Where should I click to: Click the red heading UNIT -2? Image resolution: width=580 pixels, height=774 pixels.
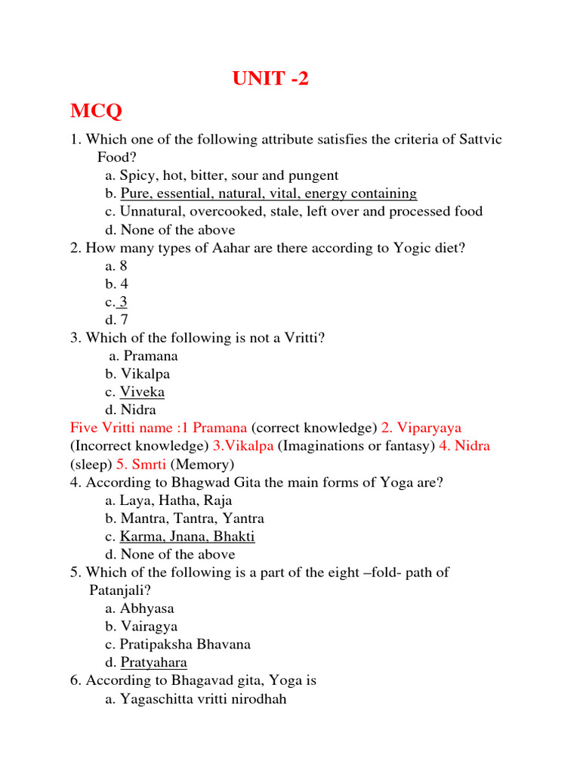(x=270, y=79)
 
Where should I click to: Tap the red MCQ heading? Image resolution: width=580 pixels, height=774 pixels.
(x=96, y=112)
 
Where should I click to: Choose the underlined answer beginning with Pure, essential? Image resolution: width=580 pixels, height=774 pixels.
(x=268, y=193)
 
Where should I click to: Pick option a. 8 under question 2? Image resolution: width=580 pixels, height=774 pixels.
(x=116, y=266)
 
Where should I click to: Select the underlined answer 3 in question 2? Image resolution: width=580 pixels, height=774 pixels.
(x=123, y=302)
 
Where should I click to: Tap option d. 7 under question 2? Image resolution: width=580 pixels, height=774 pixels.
(x=116, y=320)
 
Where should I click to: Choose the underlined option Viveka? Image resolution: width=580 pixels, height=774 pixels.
(x=142, y=392)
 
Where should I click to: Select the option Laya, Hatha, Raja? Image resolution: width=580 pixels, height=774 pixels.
(x=176, y=500)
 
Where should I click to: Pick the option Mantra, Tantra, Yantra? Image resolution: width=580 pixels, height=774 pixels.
(x=192, y=519)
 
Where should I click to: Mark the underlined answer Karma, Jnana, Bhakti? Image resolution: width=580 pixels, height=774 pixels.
(x=187, y=537)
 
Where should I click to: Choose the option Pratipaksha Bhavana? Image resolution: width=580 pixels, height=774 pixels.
(x=185, y=645)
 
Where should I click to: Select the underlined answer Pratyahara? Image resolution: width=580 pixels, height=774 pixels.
(x=153, y=663)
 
